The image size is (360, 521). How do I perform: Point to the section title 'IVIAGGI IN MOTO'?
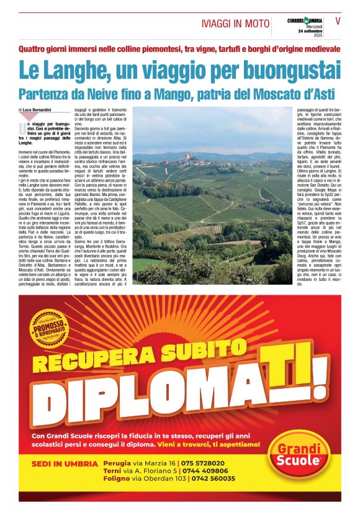point(235,23)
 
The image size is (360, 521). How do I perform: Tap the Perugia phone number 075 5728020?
point(202,463)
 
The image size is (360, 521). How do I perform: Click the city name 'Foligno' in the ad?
point(117,479)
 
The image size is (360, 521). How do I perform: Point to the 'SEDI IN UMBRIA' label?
point(65,464)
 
